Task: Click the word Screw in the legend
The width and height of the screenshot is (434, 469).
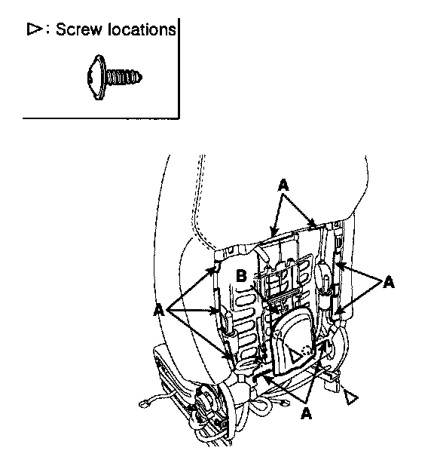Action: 78,29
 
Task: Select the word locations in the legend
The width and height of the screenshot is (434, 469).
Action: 142,29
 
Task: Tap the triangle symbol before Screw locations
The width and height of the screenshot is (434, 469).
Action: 35,29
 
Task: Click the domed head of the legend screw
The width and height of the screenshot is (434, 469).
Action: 96,77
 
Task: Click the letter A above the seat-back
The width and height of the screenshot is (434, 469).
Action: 283,185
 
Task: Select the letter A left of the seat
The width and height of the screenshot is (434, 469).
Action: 159,310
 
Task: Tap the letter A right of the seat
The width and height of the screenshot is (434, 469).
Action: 389,282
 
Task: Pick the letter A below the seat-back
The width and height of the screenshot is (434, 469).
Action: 306,413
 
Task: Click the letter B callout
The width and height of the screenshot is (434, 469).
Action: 241,276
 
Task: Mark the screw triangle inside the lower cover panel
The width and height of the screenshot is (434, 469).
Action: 294,354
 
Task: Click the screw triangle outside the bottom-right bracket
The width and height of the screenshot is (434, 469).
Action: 350,397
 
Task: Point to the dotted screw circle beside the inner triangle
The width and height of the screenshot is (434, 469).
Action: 307,351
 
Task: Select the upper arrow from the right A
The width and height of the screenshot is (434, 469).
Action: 357,272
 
